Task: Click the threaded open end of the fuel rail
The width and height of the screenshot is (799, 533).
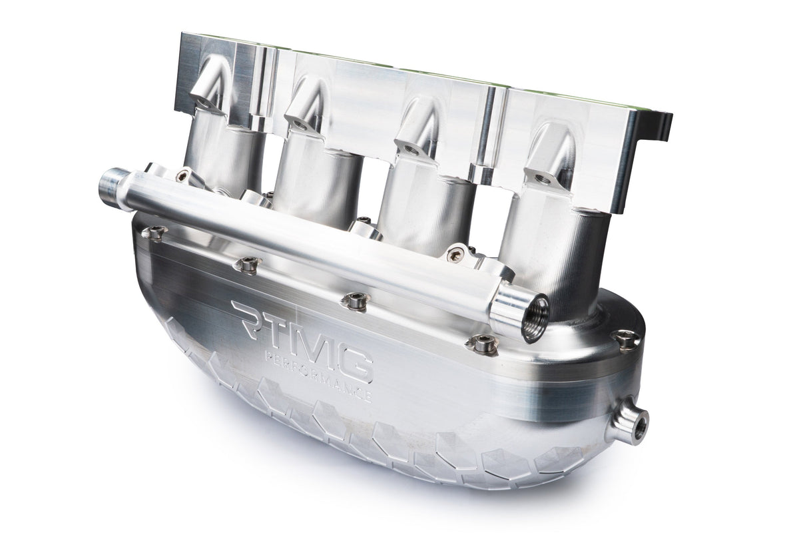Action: click(533, 318)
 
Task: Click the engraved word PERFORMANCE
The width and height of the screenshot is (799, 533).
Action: click(318, 380)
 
